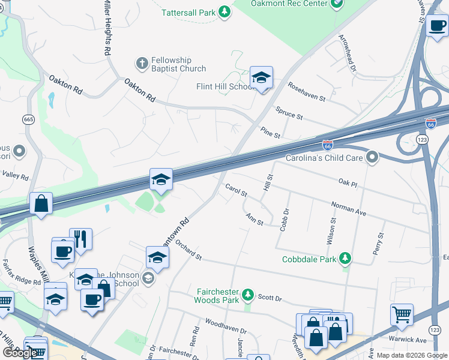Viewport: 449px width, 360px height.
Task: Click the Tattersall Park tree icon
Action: pos(224,12)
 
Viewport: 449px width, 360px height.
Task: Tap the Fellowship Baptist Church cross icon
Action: pos(142,63)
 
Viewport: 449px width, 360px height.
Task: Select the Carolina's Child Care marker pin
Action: pos(372,158)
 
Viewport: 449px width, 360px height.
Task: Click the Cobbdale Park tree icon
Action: pos(345,259)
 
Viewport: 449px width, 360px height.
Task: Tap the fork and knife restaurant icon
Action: pos(80,238)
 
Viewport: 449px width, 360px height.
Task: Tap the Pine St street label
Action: pos(270,132)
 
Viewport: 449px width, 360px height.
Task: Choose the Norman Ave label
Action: pos(349,208)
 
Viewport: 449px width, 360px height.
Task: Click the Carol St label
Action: pos(236,190)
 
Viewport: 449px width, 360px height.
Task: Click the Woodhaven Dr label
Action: pos(226,328)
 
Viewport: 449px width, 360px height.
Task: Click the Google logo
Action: pos(20,353)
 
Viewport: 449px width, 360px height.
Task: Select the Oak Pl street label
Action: pos(348,182)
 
